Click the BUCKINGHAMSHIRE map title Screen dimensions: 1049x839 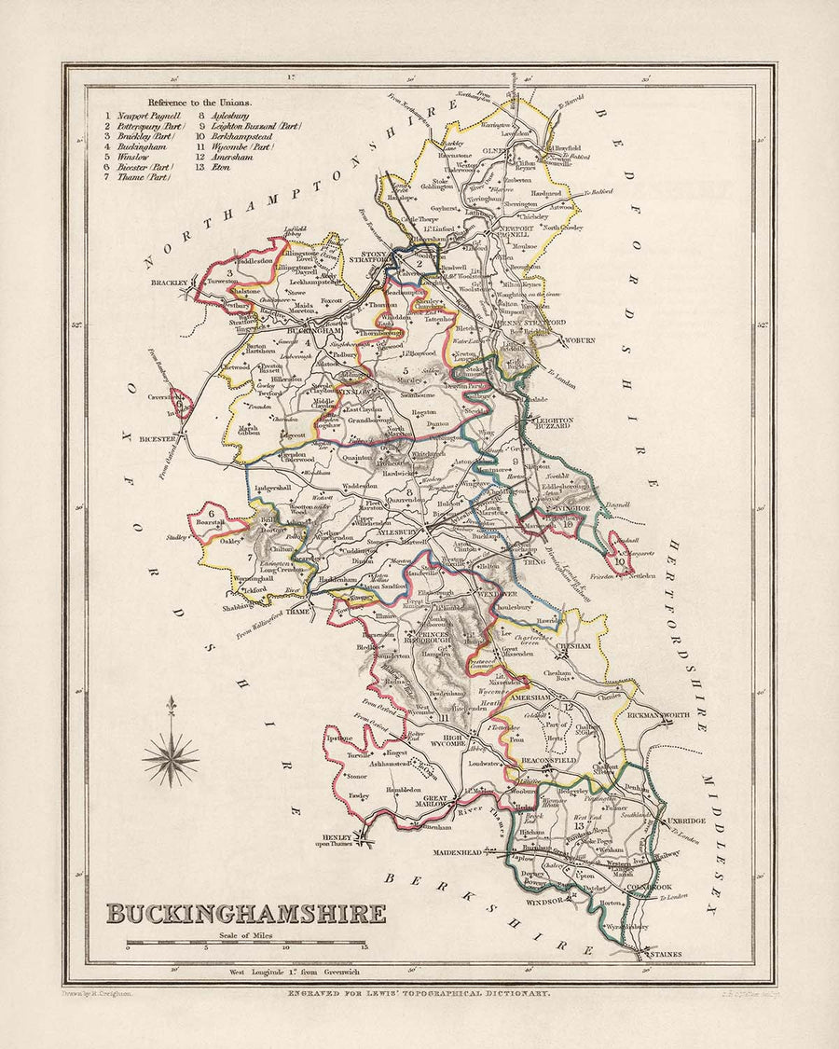click(x=245, y=913)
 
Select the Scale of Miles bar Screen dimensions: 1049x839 click(x=247, y=944)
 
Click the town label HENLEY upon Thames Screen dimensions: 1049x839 click(x=333, y=839)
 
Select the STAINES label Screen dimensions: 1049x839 click(x=667, y=955)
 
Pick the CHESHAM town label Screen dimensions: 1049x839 click(x=573, y=645)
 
